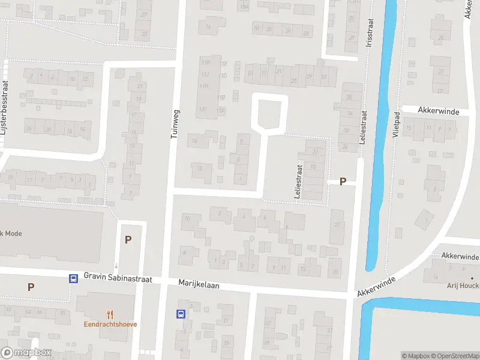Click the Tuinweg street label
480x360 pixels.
[x=175, y=124]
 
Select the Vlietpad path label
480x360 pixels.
[x=396, y=126]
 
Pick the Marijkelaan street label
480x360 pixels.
[x=199, y=284]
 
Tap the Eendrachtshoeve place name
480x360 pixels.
[x=110, y=324]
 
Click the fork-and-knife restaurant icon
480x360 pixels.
[x=110, y=314]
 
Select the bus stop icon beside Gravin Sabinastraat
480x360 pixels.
[x=73, y=278]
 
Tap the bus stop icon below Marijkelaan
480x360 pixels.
[x=181, y=313]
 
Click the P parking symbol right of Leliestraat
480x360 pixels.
[x=343, y=181]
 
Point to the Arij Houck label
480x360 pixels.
[x=463, y=286]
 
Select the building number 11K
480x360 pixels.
[x=206, y=62]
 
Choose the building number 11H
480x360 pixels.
[x=204, y=86]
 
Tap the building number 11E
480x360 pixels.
[x=224, y=64]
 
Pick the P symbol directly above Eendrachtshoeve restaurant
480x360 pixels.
[x=128, y=239]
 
